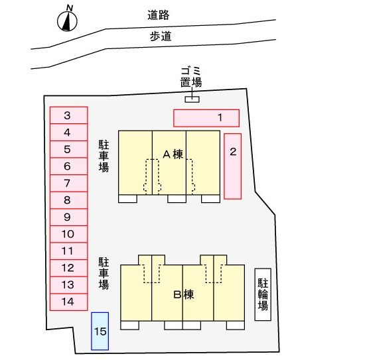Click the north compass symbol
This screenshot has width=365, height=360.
point(67,21)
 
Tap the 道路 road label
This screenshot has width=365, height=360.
point(159,15)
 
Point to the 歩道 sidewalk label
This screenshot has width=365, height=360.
point(161,36)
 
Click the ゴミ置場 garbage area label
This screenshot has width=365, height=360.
point(191,77)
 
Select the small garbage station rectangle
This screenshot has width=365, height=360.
point(192,99)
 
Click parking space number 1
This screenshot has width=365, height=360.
point(206,118)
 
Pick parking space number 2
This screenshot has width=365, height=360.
point(232,166)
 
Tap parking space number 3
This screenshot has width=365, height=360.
point(69,115)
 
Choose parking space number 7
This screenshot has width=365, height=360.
point(69,183)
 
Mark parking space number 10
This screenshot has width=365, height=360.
point(69,234)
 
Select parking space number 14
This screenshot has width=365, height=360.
point(69,302)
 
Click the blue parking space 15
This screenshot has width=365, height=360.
point(100,331)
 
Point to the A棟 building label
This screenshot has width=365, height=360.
point(173,154)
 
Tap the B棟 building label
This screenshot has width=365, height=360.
point(184,294)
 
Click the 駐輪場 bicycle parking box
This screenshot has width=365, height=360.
point(263,294)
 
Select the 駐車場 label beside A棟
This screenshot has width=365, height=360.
point(104,156)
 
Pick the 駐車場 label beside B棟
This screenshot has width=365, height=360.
point(104,273)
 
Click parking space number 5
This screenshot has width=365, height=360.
point(69,149)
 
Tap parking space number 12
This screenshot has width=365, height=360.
point(69,268)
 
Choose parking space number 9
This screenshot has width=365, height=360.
point(69,217)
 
